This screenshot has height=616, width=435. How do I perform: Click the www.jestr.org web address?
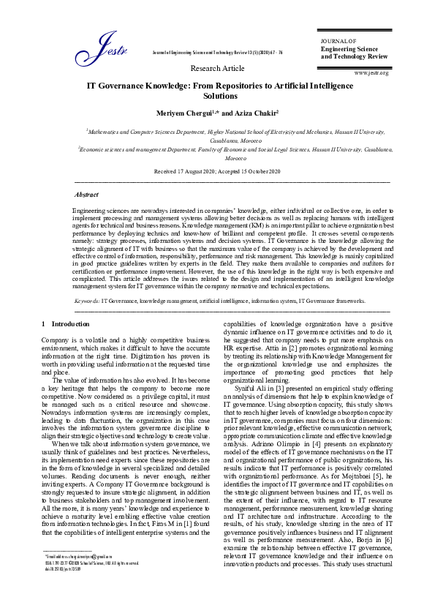coord(371,73)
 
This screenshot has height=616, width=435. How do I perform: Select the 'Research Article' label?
coord(217,68)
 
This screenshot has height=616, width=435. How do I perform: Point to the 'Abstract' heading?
coord(86,195)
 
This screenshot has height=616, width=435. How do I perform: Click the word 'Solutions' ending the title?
coord(217,96)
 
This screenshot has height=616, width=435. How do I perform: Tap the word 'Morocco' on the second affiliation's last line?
coord(235,157)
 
